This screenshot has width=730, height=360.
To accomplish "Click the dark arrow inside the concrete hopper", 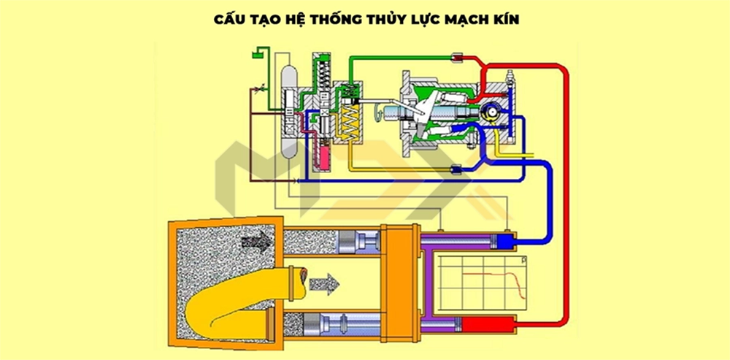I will (x=258, y=238).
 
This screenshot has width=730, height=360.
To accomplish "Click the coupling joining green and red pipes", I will (x=458, y=55).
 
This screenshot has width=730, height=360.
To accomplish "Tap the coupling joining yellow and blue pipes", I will (x=458, y=171).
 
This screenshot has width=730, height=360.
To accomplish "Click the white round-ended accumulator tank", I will (x=290, y=110).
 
